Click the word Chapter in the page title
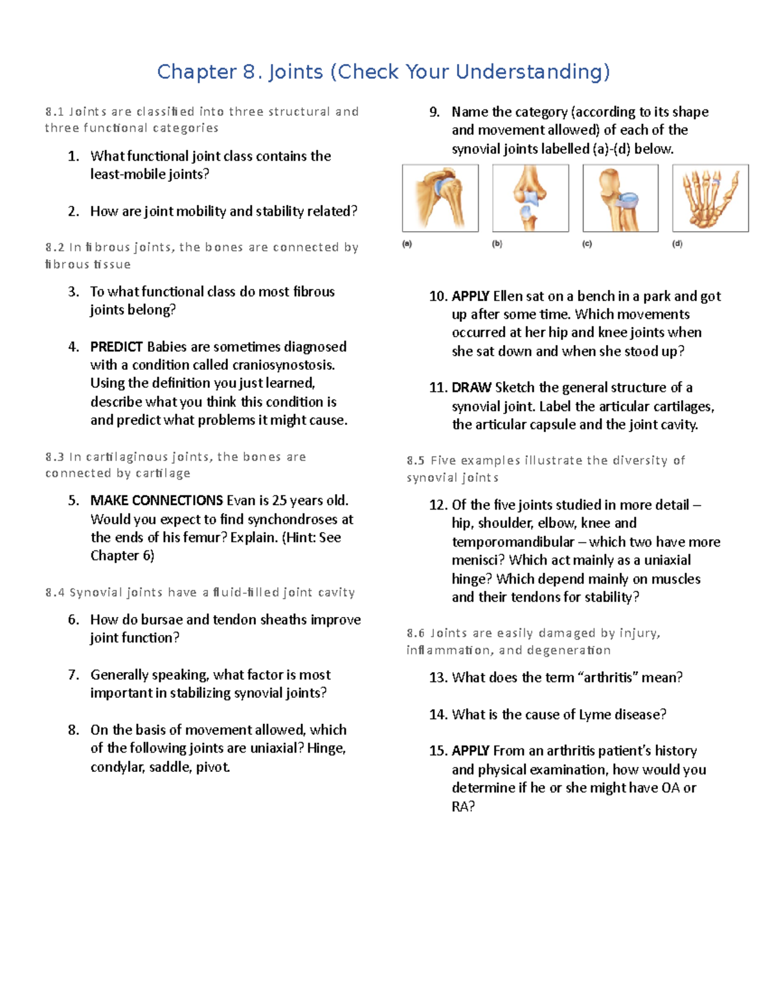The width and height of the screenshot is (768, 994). [x=196, y=72]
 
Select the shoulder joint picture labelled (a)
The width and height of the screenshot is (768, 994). [x=440, y=198]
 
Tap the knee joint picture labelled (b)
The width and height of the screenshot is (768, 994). [x=530, y=198]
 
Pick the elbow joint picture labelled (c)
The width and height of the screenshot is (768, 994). [x=620, y=198]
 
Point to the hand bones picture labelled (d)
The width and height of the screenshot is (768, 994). [x=710, y=198]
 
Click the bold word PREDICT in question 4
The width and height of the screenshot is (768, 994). [x=116, y=347]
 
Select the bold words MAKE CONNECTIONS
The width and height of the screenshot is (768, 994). [x=156, y=501]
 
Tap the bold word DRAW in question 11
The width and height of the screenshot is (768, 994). [x=471, y=388]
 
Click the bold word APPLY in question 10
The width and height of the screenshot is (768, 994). [x=470, y=296]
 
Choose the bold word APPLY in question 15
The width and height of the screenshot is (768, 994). [x=470, y=751]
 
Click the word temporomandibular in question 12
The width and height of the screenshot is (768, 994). [x=513, y=542]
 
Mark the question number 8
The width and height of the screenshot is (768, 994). [x=74, y=730]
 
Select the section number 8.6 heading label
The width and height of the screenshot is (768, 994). [x=415, y=634]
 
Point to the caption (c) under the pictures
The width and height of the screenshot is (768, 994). [x=587, y=244]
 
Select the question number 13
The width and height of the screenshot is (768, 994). [x=438, y=678]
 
